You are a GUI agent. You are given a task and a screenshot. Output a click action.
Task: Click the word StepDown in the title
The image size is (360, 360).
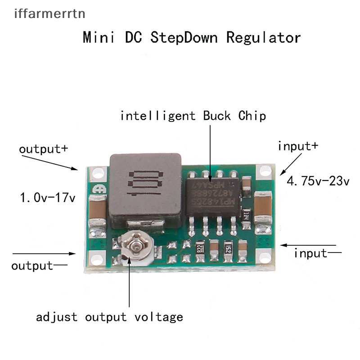click(x=185, y=37)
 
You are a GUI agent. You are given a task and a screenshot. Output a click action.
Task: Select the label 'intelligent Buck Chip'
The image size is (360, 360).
click(x=193, y=116)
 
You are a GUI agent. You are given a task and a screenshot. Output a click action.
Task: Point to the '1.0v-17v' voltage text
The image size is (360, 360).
click(x=47, y=197)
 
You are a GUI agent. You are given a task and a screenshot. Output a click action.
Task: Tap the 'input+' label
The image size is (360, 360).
click(x=298, y=146)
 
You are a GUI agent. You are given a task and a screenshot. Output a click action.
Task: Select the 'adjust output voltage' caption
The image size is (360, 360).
click(x=110, y=317)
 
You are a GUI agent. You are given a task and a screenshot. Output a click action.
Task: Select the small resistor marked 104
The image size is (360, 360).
click(x=246, y=214)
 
